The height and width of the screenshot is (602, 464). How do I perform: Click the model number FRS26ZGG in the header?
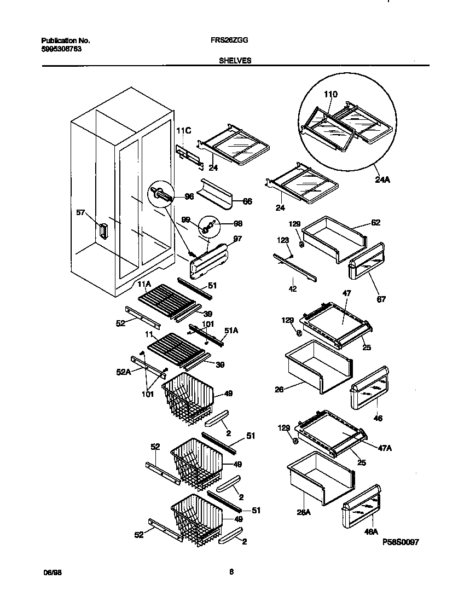point(231,40)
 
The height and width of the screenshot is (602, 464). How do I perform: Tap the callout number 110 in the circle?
point(330,94)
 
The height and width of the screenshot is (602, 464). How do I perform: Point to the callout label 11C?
point(183,131)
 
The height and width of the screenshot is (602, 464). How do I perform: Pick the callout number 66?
point(247,201)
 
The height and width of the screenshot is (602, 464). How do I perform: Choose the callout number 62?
point(375,223)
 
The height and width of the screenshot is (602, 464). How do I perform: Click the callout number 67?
point(381,299)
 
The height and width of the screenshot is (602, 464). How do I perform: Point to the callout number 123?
point(283,240)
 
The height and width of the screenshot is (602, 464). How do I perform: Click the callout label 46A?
point(372,531)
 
